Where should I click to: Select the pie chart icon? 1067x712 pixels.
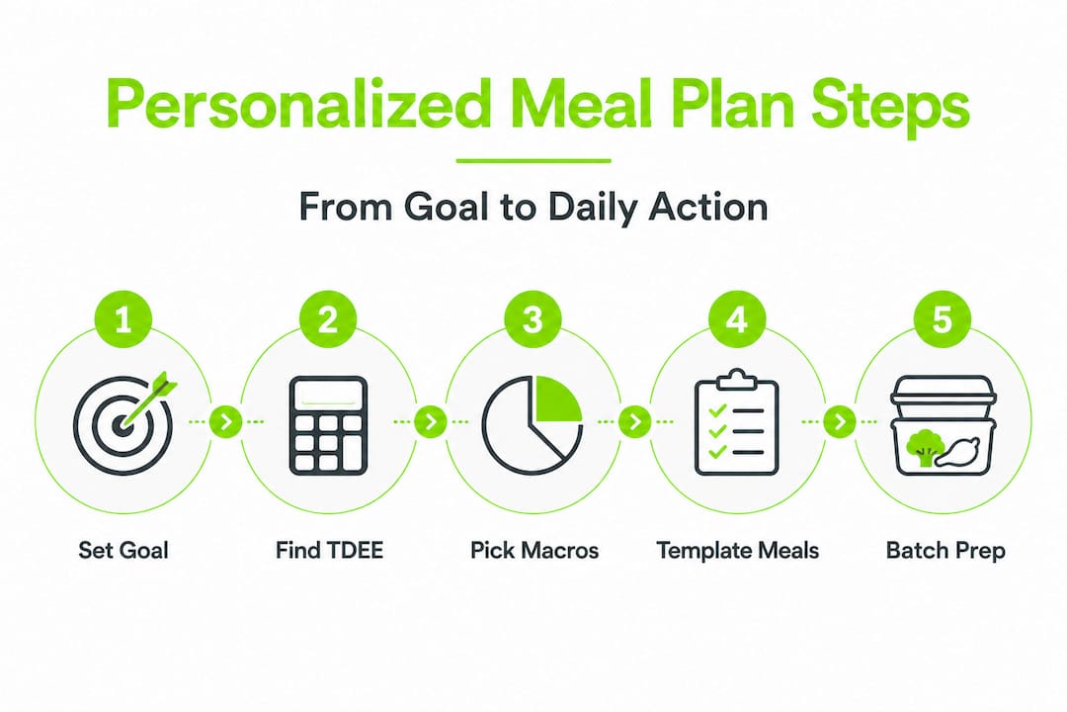pyautogui.click(x=532, y=423)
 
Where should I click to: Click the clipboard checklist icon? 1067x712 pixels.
pyautogui.click(x=737, y=422)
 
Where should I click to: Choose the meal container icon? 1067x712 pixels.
pyautogui.click(x=942, y=425)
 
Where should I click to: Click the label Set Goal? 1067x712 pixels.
pyautogui.click(x=123, y=550)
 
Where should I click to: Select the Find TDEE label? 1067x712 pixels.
pyautogui.click(x=328, y=550)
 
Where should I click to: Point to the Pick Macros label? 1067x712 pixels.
pyautogui.click(x=533, y=550)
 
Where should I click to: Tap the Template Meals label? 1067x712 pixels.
pyautogui.click(x=737, y=550)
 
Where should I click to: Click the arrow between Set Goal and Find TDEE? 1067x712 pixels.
pyautogui.click(x=226, y=422)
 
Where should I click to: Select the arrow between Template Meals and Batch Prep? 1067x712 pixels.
pyautogui.click(x=840, y=422)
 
